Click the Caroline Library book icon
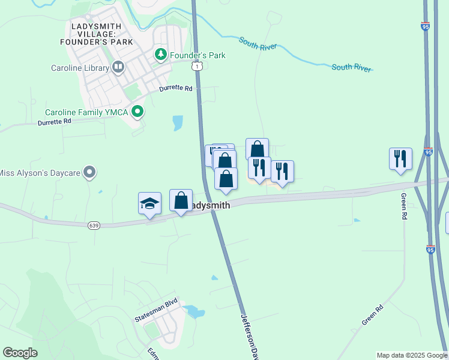point(118,68)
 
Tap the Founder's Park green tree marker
point(160,55)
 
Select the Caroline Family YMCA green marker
point(137,112)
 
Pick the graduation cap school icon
point(149,203)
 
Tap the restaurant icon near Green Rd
point(400,159)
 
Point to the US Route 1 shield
point(197,67)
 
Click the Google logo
point(20,353)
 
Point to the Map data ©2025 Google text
point(412,355)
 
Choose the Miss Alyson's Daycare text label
point(40,173)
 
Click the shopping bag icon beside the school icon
point(181,201)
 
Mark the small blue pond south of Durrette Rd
point(178,123)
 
